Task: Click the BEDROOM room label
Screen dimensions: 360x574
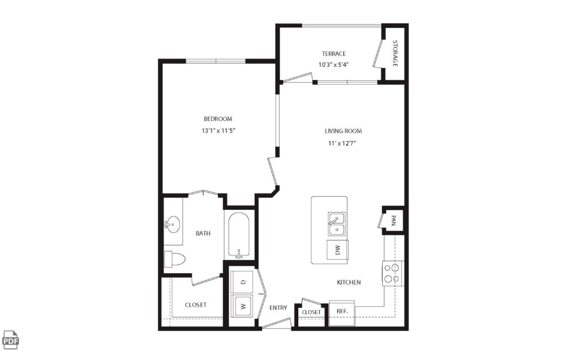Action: click(x=217, y=119)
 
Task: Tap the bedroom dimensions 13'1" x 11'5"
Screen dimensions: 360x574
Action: click(x=217, y=131)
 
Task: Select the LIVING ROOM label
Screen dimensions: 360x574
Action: click(x=343, y=131)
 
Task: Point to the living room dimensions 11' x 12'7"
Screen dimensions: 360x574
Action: click(x=343, y=143)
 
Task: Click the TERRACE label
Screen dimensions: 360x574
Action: click(x=334, y=54)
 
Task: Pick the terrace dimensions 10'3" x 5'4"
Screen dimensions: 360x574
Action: click(x=334, y=64)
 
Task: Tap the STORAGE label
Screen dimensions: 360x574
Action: click(x=395, y=54)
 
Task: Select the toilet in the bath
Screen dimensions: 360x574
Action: click(x=174, y=259)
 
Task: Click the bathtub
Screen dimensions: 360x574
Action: click(x=240, y=234)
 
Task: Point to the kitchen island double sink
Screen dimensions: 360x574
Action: click(x=336, y=224)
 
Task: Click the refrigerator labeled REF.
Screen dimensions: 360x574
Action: click(x=341, y=311)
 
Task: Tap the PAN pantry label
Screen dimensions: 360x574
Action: click(x=394, y=220)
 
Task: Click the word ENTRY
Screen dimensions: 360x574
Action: click(x=278, y=308)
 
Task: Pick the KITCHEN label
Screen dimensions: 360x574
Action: click(x=349, y=282)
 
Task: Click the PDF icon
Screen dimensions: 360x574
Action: click(x=11, y=339)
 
